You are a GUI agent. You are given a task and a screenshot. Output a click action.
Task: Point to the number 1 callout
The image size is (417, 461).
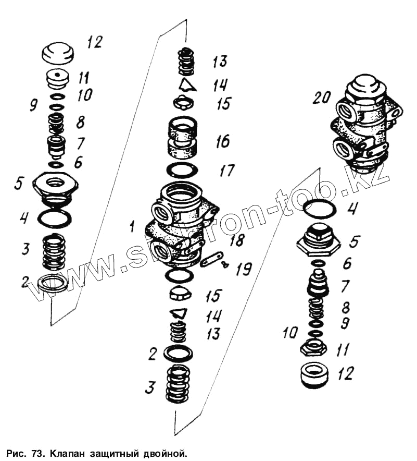point(132,226)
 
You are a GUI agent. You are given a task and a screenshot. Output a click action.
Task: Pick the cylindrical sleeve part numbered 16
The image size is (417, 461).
point(183,139)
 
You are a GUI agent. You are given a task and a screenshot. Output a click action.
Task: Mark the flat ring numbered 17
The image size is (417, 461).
point(183,169)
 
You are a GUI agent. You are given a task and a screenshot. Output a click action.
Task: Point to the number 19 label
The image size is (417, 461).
point(243,270)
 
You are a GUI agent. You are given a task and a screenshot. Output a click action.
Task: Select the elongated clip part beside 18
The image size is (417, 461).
point(212,259)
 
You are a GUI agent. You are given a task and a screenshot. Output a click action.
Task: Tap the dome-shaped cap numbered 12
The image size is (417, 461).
point(57,53)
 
